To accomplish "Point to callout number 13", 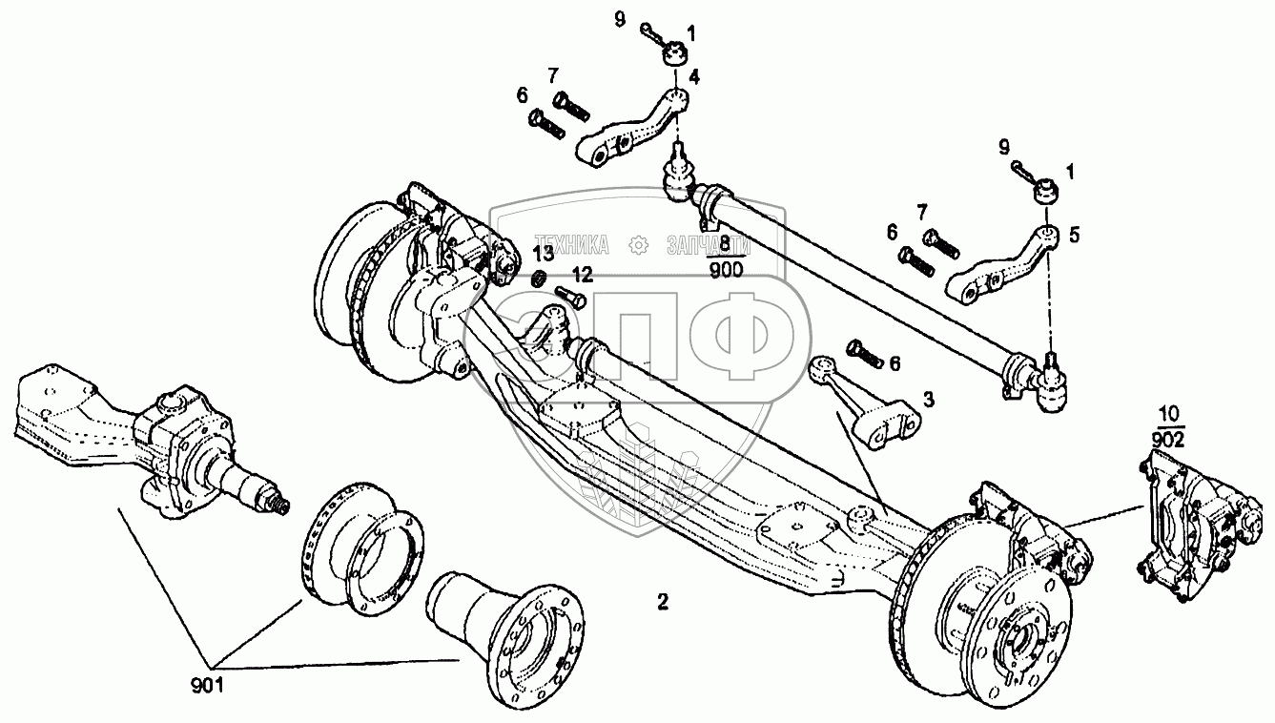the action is (x=543, y=255).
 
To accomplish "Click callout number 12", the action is (x=583, y=275).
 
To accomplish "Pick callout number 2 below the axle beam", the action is (x=662, y=602).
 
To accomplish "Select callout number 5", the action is (x=1075, y=233).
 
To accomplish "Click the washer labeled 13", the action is (x=538, y=279).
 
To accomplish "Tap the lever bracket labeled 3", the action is (x=870, y=408).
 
